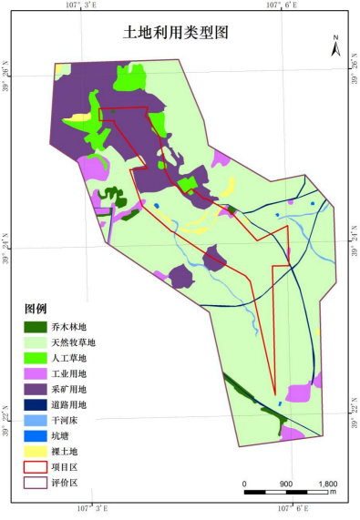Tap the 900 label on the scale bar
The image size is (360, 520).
[x=286, y=484]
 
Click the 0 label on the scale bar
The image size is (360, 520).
[x=245, y=484]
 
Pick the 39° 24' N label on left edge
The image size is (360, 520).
[x=8, y=248]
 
